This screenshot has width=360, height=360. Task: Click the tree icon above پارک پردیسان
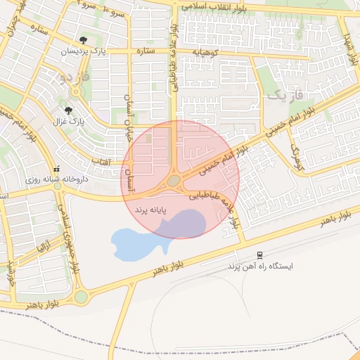point(84,39)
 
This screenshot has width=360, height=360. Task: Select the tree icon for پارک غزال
point(68,110)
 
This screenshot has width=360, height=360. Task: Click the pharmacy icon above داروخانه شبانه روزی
point(57,168)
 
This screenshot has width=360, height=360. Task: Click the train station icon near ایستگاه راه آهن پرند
point(259,255)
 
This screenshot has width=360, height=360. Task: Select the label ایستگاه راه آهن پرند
point(259,267)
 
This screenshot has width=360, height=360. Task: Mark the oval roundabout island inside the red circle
point(174,181)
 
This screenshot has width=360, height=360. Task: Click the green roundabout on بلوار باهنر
point(82,297)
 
